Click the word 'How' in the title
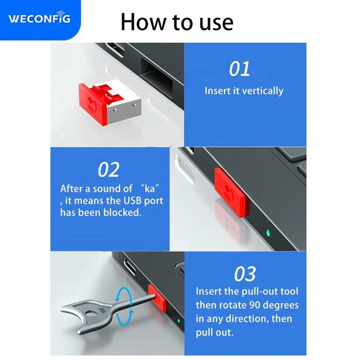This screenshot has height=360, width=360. pos(143,22)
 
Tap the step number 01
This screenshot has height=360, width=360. pos(240,69)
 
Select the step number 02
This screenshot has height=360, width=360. pos(109,170)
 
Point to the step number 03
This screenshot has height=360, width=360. pos(245,274)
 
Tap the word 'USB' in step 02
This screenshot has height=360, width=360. pos(132,201)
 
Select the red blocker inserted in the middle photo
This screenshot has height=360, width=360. pos(232,192)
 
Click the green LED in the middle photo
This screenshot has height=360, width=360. pos(267,233)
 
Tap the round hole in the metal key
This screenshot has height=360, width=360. pos(91,313)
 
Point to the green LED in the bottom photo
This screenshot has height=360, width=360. pos(179,321)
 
